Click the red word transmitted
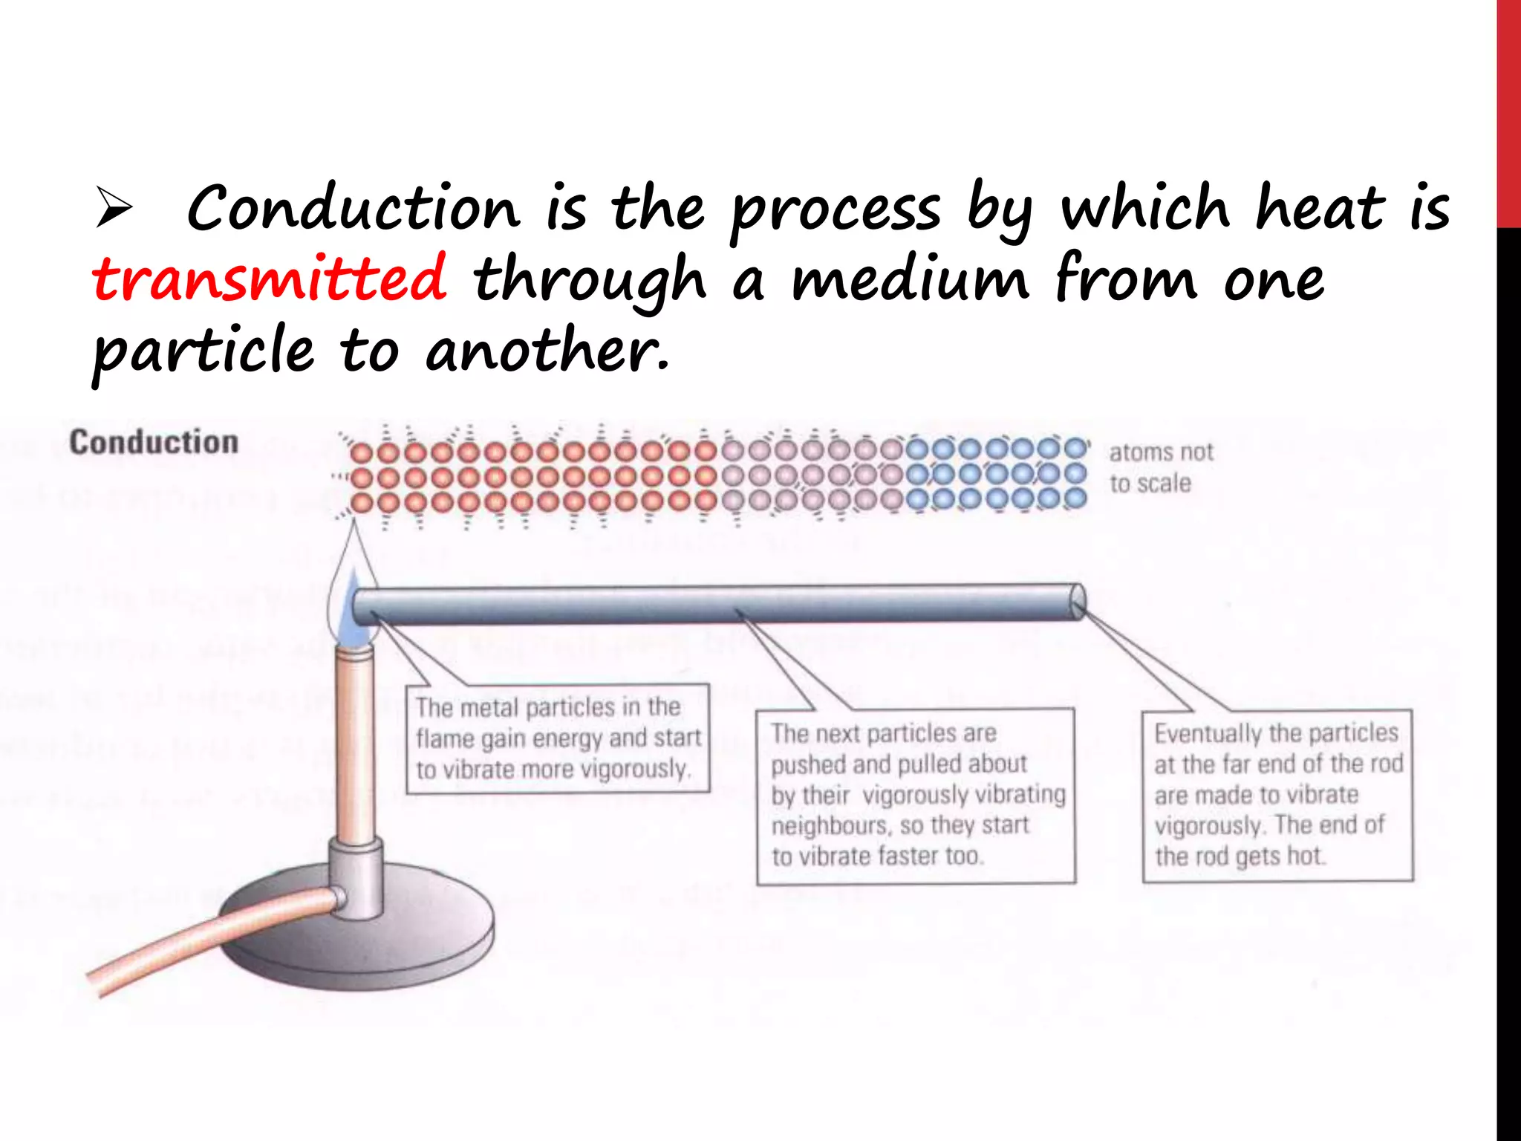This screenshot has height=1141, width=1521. [x=270, y=279]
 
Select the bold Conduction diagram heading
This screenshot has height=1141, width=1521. [x=154, y=442]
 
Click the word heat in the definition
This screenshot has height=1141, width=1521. [x=1319, y=208]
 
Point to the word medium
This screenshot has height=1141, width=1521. [x=910, y=279]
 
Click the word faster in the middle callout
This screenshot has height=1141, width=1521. [x=907, y=856]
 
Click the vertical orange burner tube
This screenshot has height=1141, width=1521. [x=356, y=743]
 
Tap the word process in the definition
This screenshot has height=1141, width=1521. [x=836, y=211]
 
